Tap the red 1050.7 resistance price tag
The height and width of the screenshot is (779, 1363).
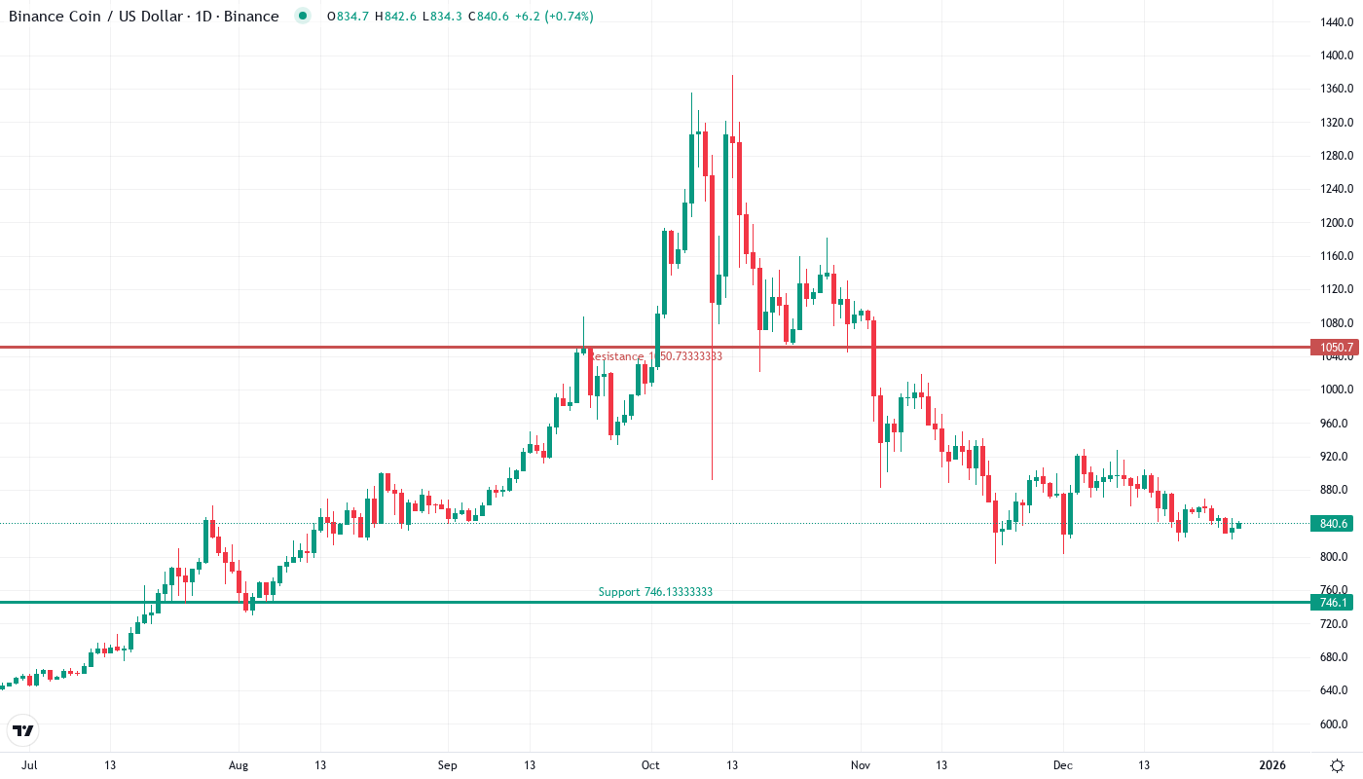pos(1333,348)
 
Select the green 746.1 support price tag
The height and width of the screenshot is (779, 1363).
pos(1333,603)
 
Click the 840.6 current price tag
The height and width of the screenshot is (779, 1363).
pos(1333,524)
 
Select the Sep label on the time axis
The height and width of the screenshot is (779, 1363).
pos(447,765)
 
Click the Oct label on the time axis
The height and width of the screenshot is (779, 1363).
pos(651,765)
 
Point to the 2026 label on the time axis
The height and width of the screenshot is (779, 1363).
pos(1271,765)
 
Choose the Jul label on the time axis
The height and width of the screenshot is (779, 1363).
pos(29,765)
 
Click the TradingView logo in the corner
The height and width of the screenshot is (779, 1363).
pos(23,730)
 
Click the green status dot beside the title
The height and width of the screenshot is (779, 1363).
pos(303,16)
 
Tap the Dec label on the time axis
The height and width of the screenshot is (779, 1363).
pos(1062,765)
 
